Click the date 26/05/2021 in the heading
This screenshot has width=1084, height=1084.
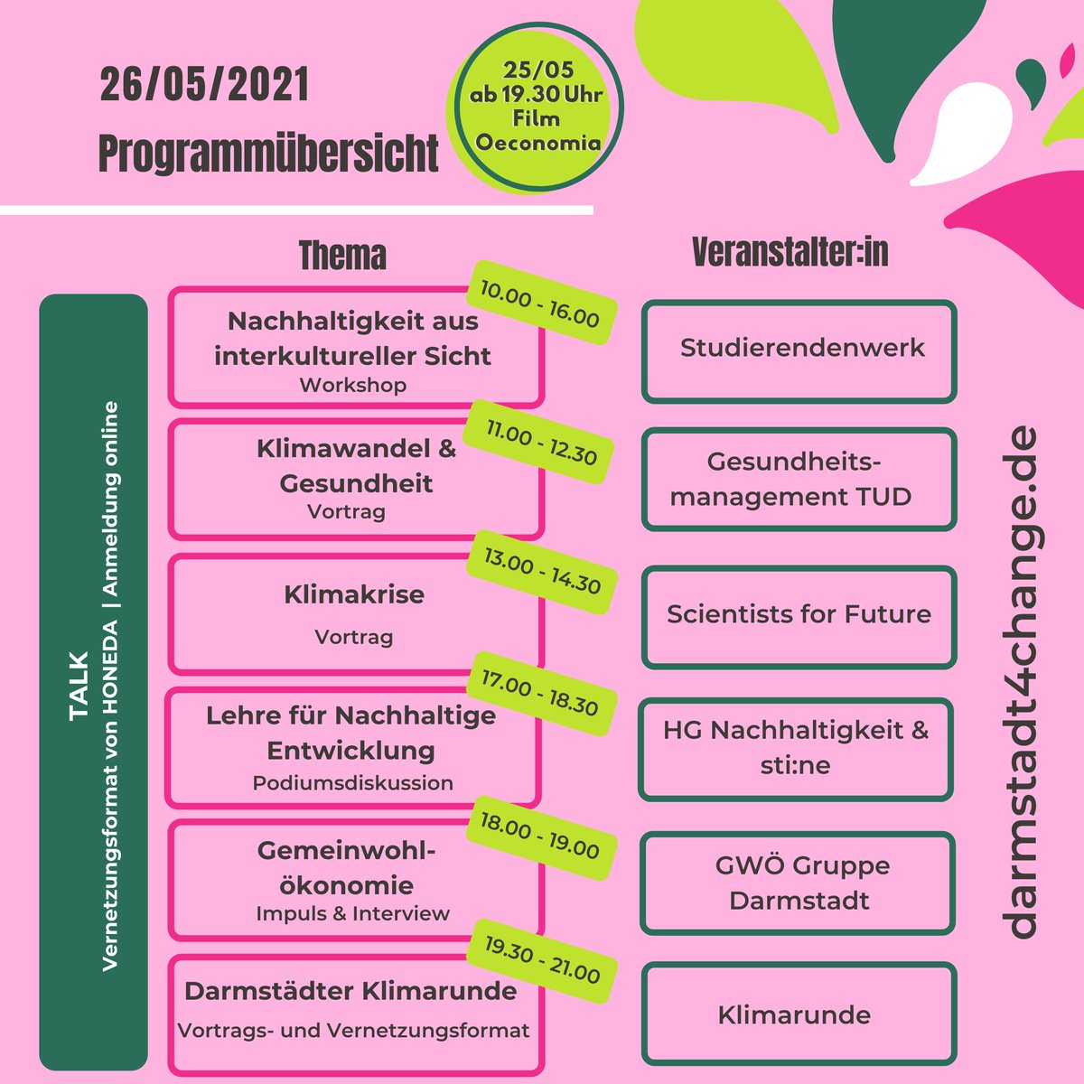[204, 86]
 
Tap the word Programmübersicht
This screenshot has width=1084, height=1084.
[268, 154]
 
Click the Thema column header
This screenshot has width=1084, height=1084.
[342, 256]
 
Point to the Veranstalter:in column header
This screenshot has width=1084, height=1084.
[790, 253]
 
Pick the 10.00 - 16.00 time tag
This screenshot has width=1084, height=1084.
[539, 304]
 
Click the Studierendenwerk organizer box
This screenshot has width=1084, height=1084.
[799, 350]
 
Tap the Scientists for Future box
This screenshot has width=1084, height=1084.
[799, 616]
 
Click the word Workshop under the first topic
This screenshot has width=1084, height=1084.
[353, 385]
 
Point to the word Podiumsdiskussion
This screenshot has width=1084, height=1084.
[353, 783]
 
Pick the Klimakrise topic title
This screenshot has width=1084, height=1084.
[354, 594]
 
